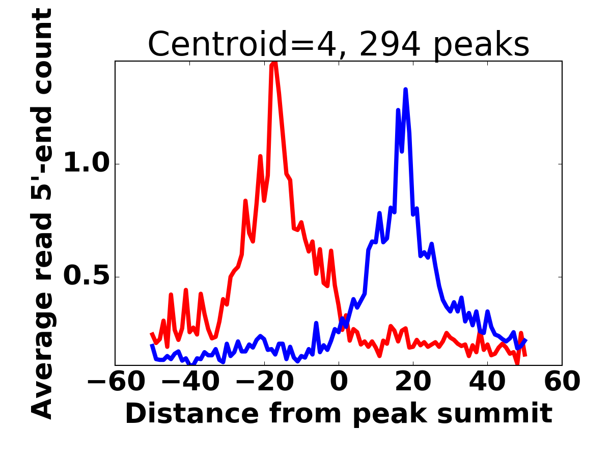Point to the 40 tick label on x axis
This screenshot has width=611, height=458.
click(x=488, y=381)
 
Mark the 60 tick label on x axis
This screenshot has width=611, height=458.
click(x=562, y=381)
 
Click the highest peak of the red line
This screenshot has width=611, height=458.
click(x=274, y=63)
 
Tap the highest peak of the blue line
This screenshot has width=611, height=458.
click(x=406, y=90)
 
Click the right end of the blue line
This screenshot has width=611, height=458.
click(x=525, y=340)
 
